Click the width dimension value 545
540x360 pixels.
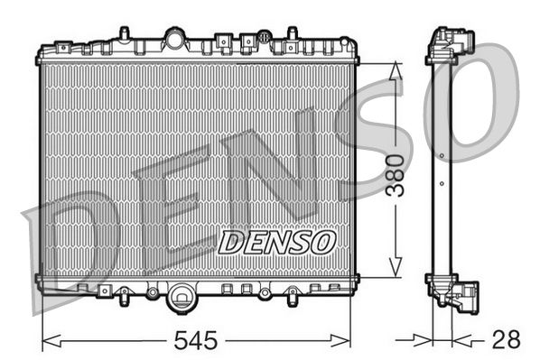click(x=197, y=341)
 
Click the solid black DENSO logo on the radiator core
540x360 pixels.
click(x=277, y=241)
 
